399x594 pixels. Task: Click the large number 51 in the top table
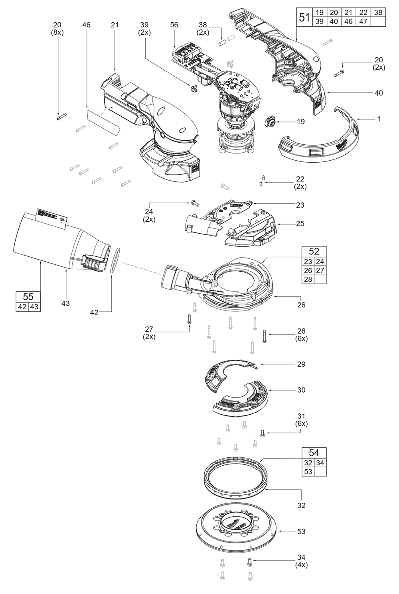click(x=304, y=17)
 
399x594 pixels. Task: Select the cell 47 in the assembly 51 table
click(x=363, y=22)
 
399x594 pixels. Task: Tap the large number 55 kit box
click(x=28, y=297)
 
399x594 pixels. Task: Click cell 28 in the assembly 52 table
click(x=308, y=279)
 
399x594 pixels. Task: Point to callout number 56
click(x=174, y=25)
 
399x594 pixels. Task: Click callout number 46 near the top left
click(x=86, y=25)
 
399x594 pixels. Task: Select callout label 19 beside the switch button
click(x=300, y=121)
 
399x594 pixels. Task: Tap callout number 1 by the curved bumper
click(x=379, y=119)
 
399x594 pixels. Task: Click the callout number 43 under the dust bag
click(x=65, y=303)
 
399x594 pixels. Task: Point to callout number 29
click(x=301, y=364)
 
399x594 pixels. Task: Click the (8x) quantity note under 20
click(x=57, y=32)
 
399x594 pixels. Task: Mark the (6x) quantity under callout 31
click(x=301, y=424)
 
